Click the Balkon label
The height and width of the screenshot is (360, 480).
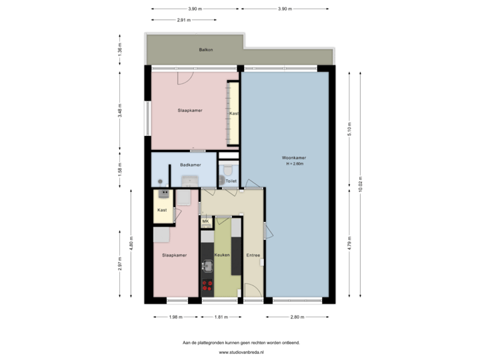click(x=205, y=50)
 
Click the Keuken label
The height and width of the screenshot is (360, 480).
click(x=222, y=255)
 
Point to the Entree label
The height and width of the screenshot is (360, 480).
click(x=253, y=255)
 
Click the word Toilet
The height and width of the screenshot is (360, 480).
click(x=231, y=181)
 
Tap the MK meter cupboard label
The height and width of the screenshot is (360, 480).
click(x=205, y=221)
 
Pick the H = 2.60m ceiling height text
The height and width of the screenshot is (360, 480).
click(x=295, y=164)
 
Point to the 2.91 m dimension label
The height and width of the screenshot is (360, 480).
click(x=183, y=20)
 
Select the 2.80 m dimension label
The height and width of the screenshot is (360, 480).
click(x=297, y=317)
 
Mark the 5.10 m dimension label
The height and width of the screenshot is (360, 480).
click(x=349, y=128)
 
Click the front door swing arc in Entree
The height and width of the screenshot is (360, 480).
click(x=251, y=289)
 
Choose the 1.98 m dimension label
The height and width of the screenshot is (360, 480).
click(x=175, y=317)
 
